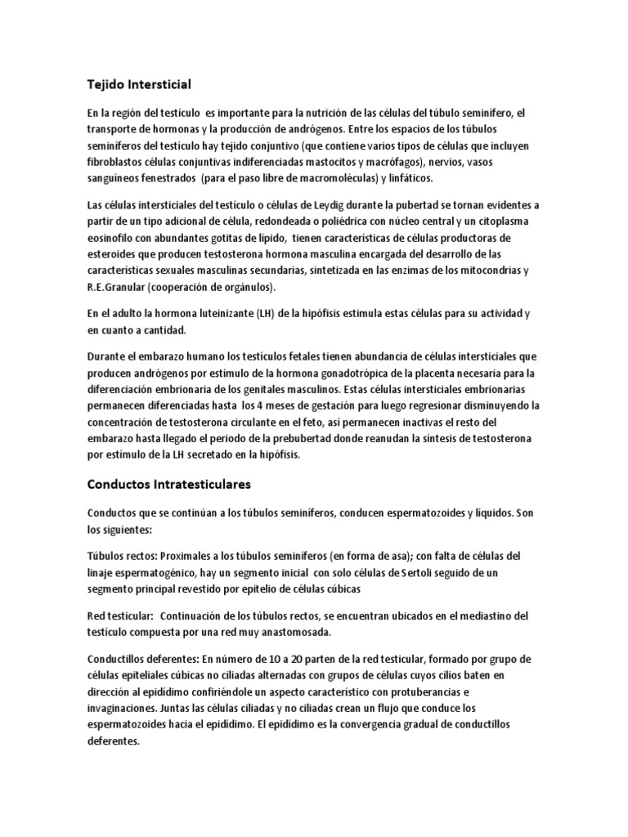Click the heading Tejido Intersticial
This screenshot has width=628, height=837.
click(x=139, y=83)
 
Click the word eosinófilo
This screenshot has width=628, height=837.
click(x=113, y=238)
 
